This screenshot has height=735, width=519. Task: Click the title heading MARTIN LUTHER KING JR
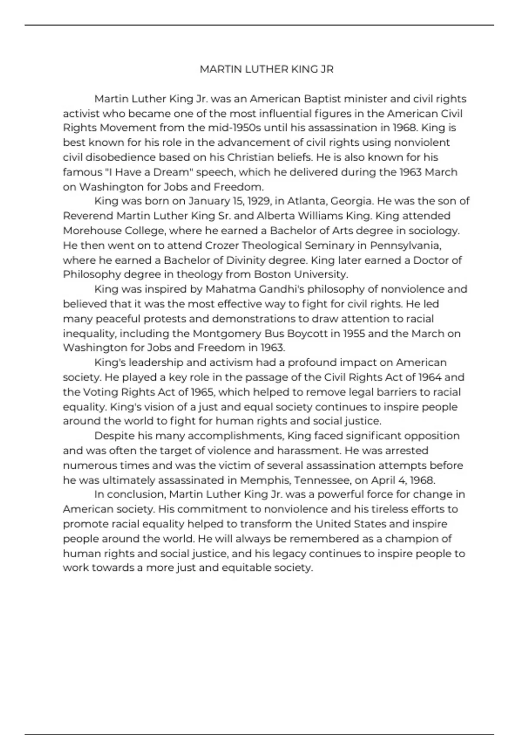pyautogui.click(x=266, y=69)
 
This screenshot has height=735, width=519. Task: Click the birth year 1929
pyautogui.click(x=258, y=201)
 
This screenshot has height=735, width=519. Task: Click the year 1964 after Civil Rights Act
pyautogui.click(x=430, y=377)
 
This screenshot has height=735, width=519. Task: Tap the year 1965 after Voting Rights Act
pyautogui.click(x=202, y=392)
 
